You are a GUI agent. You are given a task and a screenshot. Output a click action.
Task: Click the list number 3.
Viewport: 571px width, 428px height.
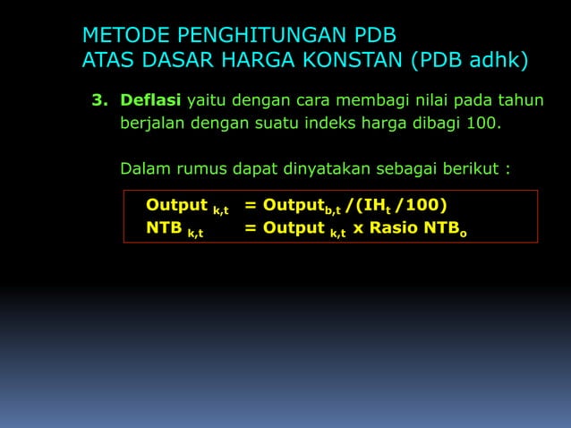[x=98, y=98]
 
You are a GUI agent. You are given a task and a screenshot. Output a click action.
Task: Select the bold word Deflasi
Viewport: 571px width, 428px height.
[x=151, y=98]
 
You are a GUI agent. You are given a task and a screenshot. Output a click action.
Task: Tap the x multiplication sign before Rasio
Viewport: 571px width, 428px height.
[x=358, y=228]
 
